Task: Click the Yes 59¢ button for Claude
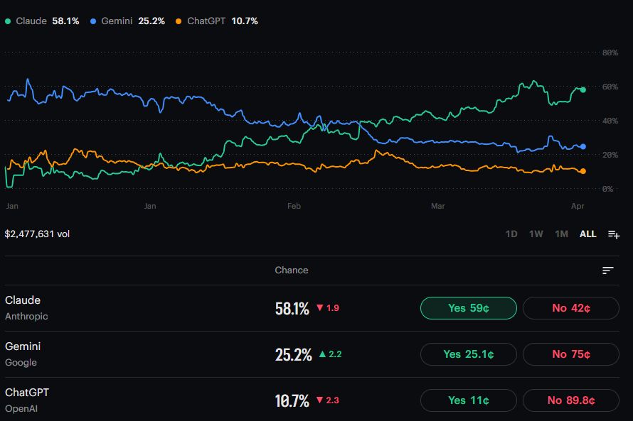[469, 308]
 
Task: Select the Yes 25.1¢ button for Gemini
[469, 354]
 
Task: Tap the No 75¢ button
[570, 354]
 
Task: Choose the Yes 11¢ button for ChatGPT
[469, 400]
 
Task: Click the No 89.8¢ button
[570, 400]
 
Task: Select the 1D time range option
[511, 234]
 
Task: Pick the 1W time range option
[536, 234]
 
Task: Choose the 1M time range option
[561, 234]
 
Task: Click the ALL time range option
[587, 234]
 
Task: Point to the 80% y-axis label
[610, 53]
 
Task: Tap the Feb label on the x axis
[294, 206]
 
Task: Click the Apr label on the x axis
[578, 206]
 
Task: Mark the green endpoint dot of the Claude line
[583, 90]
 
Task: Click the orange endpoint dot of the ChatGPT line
[583, 171]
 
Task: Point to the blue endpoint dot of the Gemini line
[583, 146]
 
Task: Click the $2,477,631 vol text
[37, 234]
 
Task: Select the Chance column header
[292, 270]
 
